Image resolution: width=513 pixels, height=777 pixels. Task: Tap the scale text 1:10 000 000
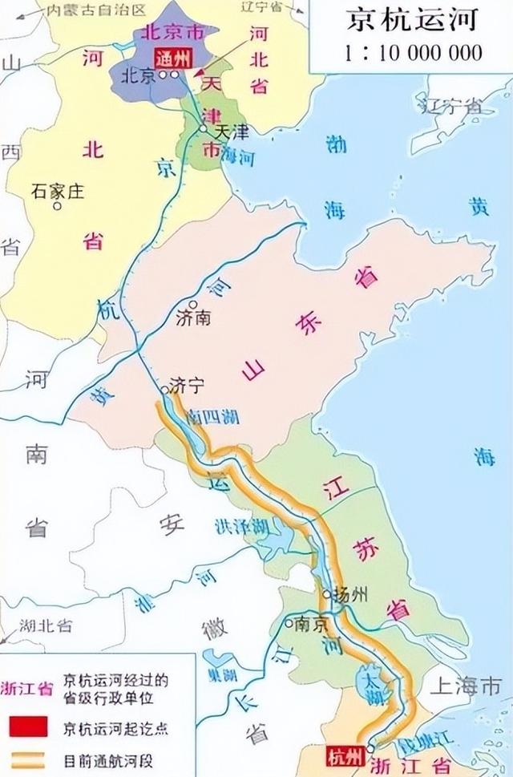pyautogui.click(x=414, y=53)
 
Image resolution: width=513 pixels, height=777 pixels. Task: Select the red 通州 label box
pyautogui.click(x=174, y=56)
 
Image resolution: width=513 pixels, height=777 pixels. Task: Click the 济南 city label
pyautogui.click(x=192, y=318)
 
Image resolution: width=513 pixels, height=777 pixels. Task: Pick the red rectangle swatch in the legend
pyautogui.click(x=31, y=728)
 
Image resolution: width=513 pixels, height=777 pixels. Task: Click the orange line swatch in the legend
pyautogui.click(x=31, y=759)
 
